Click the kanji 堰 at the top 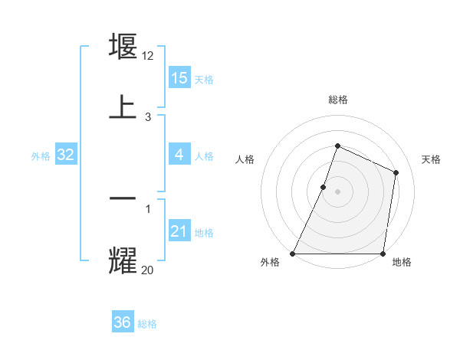tap(123, 46)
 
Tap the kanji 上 tap(123, 107)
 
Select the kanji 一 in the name tap(123, 198)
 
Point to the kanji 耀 tap(123, 260)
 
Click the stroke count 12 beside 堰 tap(149, 55)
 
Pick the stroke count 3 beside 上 tap(147, 116)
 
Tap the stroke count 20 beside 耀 tap(148, 269)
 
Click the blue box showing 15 tap(179, 78)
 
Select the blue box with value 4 tap(179, 155)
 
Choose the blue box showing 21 tap(179, 231)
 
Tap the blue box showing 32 tap(66, 155)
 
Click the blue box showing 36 tap(123, 322)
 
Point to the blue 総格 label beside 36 tap(147, 324)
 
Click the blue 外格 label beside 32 tap(41, 156)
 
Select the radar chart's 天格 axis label tap(431, 159)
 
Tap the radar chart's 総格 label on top tap(337, 100)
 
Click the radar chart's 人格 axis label tap(245, 159)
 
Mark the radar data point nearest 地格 tap(383, 254)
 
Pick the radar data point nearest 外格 tap(293, 254)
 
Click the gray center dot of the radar tap(337, 191)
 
